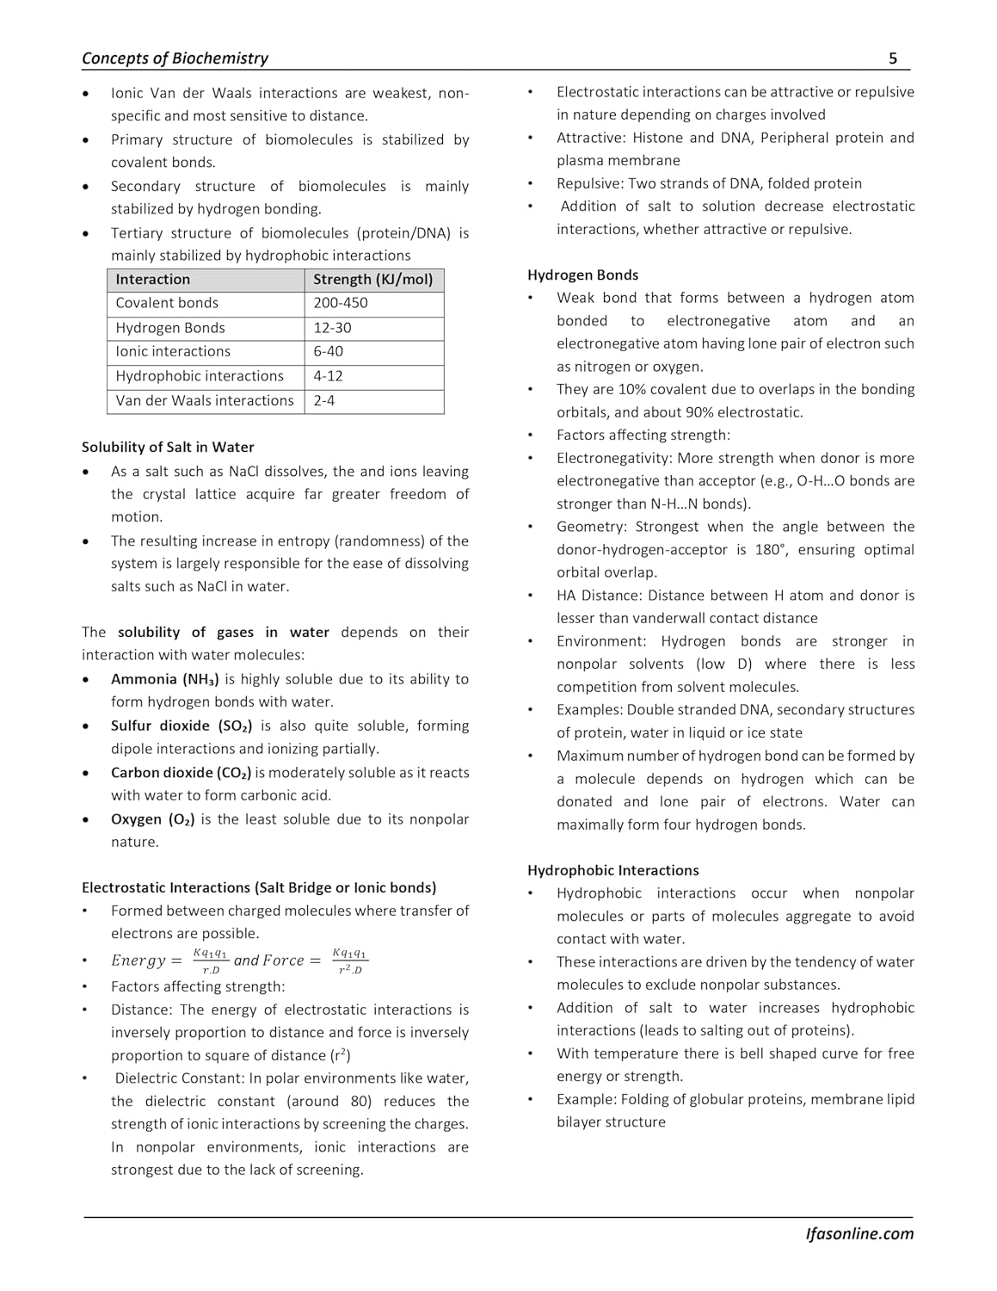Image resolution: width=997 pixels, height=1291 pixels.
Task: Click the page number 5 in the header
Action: (x=893, y=59)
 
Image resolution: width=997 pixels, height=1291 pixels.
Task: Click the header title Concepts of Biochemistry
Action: (x=175, y=59)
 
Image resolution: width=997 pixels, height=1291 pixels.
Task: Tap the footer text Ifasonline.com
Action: (x=859, y=1233)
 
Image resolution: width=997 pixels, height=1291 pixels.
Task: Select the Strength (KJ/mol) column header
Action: (x=373, y=279)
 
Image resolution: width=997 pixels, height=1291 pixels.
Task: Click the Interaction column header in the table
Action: (x=153, y=279)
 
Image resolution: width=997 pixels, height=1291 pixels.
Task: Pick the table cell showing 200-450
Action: (x=339, y=303)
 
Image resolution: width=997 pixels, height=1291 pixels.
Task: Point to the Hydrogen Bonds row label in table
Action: (x=170, y=328)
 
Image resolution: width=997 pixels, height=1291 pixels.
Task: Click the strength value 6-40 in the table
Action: (x=328, y=351)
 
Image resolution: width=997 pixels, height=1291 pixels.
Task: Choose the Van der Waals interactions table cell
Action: (x=205, y=400)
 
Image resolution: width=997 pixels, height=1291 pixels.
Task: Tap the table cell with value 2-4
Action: (x=323, y=400)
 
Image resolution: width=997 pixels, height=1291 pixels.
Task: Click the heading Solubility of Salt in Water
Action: (x=168, y=447)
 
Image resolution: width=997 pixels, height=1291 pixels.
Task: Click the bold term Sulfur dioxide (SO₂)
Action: (x=182, y=726)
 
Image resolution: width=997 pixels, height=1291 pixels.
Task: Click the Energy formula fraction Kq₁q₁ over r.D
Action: (x=211, y=961)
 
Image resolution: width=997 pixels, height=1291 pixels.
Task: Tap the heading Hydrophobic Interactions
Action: (x=612, y=870)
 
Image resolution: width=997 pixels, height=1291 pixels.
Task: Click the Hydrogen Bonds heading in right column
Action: (x=582, y=275)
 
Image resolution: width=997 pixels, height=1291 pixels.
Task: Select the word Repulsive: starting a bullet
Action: (x=590, y=183)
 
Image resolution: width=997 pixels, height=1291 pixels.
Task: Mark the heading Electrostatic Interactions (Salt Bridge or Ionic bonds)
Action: (x=259, y=887)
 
